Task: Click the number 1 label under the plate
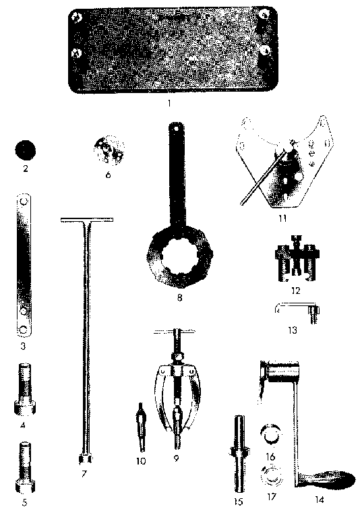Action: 169,103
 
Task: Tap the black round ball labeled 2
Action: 26,150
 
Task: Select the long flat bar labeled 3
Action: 24,266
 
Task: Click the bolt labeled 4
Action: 25,390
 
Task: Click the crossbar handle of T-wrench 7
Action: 87,220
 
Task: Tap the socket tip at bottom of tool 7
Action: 85,459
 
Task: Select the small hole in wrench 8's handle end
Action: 176,128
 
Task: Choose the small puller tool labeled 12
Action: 297,260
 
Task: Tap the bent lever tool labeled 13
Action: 297,310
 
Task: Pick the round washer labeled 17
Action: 272,478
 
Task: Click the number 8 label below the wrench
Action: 179,297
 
